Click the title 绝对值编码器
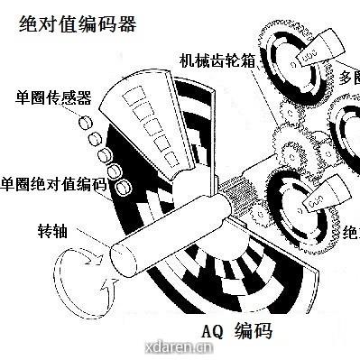(x=78, y=24)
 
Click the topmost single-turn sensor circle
(x=88, y=121)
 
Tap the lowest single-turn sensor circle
(x=115, y=186)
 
